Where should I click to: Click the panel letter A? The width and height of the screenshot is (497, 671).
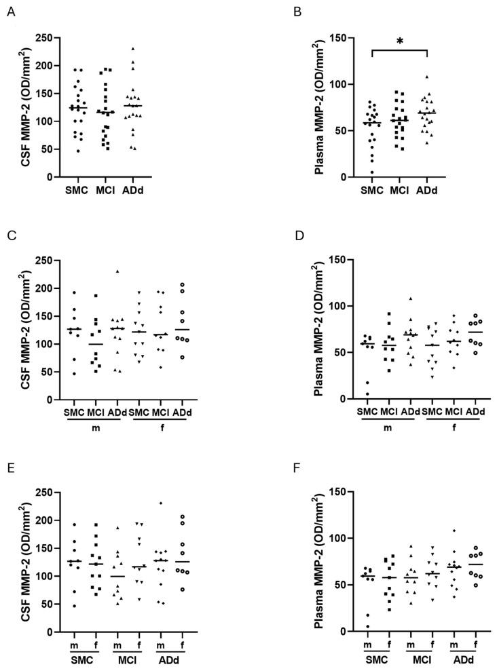(x=10, y=10)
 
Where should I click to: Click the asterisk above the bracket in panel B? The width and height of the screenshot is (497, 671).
(x=399, y=41)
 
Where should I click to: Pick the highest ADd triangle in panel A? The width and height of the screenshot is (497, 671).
(x=133, y=49)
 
